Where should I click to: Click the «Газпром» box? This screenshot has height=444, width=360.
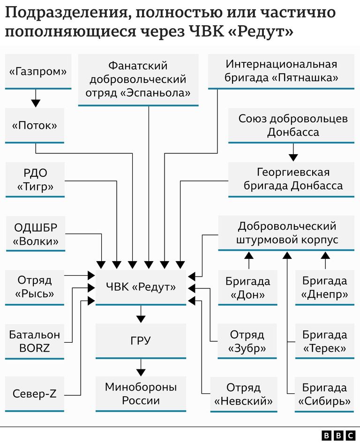(x=38, y=72)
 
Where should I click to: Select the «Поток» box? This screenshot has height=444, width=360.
(x=35, y=126)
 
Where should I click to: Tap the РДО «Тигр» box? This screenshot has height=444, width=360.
(x=35, y=180)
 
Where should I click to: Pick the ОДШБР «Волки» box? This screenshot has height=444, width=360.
(x=36, y=234)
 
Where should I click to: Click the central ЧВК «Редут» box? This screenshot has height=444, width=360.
(x=141, y=288)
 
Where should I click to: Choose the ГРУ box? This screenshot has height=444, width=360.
(x=141, y=341)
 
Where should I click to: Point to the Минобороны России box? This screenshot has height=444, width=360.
(x=141, y=394)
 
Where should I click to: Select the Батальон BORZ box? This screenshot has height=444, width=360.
(x=35, y=342)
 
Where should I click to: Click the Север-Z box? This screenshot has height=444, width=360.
(x=35, y=394)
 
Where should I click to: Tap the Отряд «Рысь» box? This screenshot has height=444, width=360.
(x=35, y=288)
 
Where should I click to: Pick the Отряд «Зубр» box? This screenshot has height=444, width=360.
(x=247, y=341)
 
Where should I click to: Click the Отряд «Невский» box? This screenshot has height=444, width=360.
(x=244, y=394)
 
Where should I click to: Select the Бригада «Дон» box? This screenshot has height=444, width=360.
(x=247, y=288)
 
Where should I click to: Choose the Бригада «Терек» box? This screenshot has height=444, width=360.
(x=325, y=341)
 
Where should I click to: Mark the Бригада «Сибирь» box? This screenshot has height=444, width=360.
(x=324, y=394)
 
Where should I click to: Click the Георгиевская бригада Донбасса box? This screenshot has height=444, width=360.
(x=291, y=180)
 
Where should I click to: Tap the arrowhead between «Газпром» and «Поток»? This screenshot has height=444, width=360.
(x=36, y=103)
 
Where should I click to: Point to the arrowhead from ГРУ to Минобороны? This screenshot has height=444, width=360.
(x=141, y=372)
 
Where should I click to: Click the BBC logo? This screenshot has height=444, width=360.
(x=338, y=435)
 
